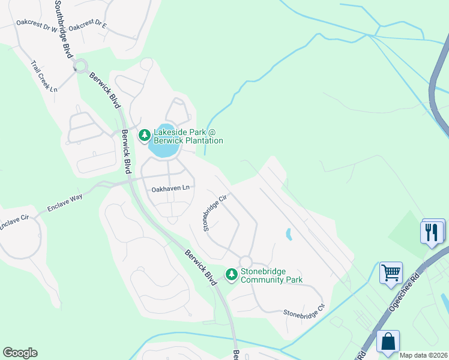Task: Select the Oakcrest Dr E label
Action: [x=88, y=27]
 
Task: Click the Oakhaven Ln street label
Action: [x=170, y=188]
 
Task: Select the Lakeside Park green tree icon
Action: [x=144, y=136]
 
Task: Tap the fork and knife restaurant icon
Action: [x=432, y=232]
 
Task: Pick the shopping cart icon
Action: [x=391, y=273]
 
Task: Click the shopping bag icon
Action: [x=388, y=341]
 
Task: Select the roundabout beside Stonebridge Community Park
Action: [x=245, y=262]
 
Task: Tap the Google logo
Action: [x=20, y=353]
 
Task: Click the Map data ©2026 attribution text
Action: [x=423, y=355]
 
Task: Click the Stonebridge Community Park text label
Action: [x=271, y=275]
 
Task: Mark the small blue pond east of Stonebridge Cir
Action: [x=289, y=234]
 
